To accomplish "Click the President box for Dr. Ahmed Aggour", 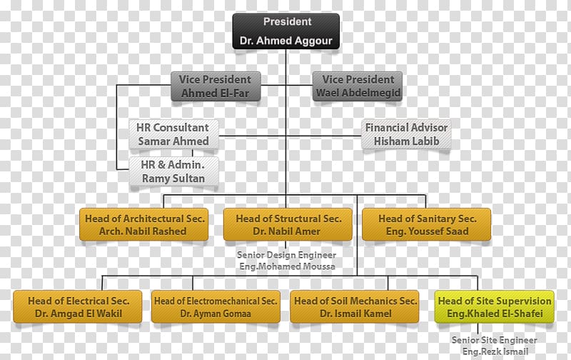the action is click(x=286, y=31).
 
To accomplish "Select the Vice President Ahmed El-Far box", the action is click(x=216, y=86).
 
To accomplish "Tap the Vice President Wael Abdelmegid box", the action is click(x=358, y=86).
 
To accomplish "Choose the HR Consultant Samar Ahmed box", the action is click(x=173, y=134).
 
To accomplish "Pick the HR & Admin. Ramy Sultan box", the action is click(x=173, y=171).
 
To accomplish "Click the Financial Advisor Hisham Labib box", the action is click(x=406, y=134).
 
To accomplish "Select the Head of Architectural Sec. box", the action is click(x=144, y=224).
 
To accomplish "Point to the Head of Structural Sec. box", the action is click(x=288, y=224).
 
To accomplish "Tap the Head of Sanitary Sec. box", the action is click(x=426, y=224).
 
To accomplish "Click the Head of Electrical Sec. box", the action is click(x=78, y=307).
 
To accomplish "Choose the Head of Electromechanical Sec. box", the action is click(x=216, y=307).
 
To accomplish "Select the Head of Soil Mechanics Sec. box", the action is click(x=355, y=307).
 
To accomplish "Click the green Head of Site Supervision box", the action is click(x=495, y=307).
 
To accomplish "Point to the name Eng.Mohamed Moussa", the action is click(x=287, y=266).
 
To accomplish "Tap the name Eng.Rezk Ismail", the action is click(x=495, y=351).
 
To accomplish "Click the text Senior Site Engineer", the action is click(x=494, y=340).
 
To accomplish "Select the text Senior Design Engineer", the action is click(x=287, y=255).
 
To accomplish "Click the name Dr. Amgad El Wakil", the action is click(x=79, y=314).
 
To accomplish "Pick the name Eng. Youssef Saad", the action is click(x=427, y=231).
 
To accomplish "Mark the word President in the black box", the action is click(x=288, y=21).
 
